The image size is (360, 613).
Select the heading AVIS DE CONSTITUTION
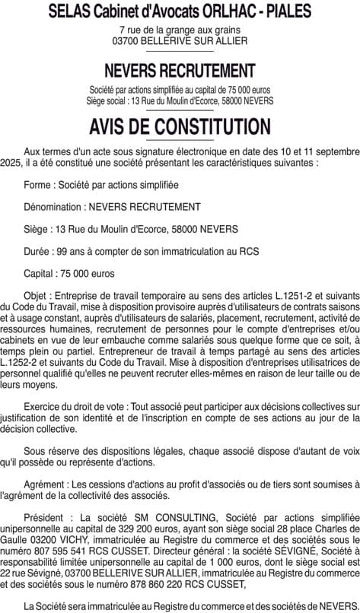tap(180, 126)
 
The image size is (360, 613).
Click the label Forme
tap(37, 185)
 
